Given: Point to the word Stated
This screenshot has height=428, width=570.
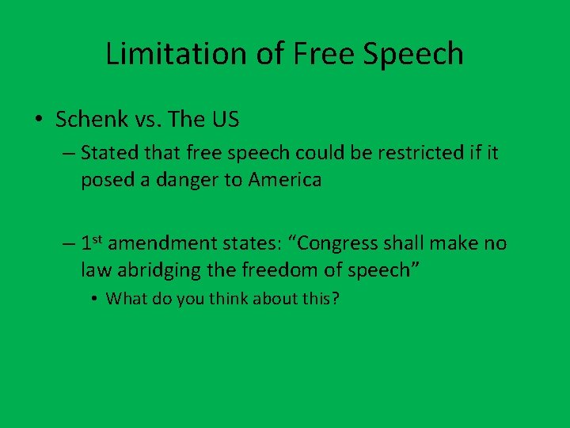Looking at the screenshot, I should click(x=107, y=152).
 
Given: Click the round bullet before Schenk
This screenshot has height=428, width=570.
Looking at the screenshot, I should click(x=38, y=120).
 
